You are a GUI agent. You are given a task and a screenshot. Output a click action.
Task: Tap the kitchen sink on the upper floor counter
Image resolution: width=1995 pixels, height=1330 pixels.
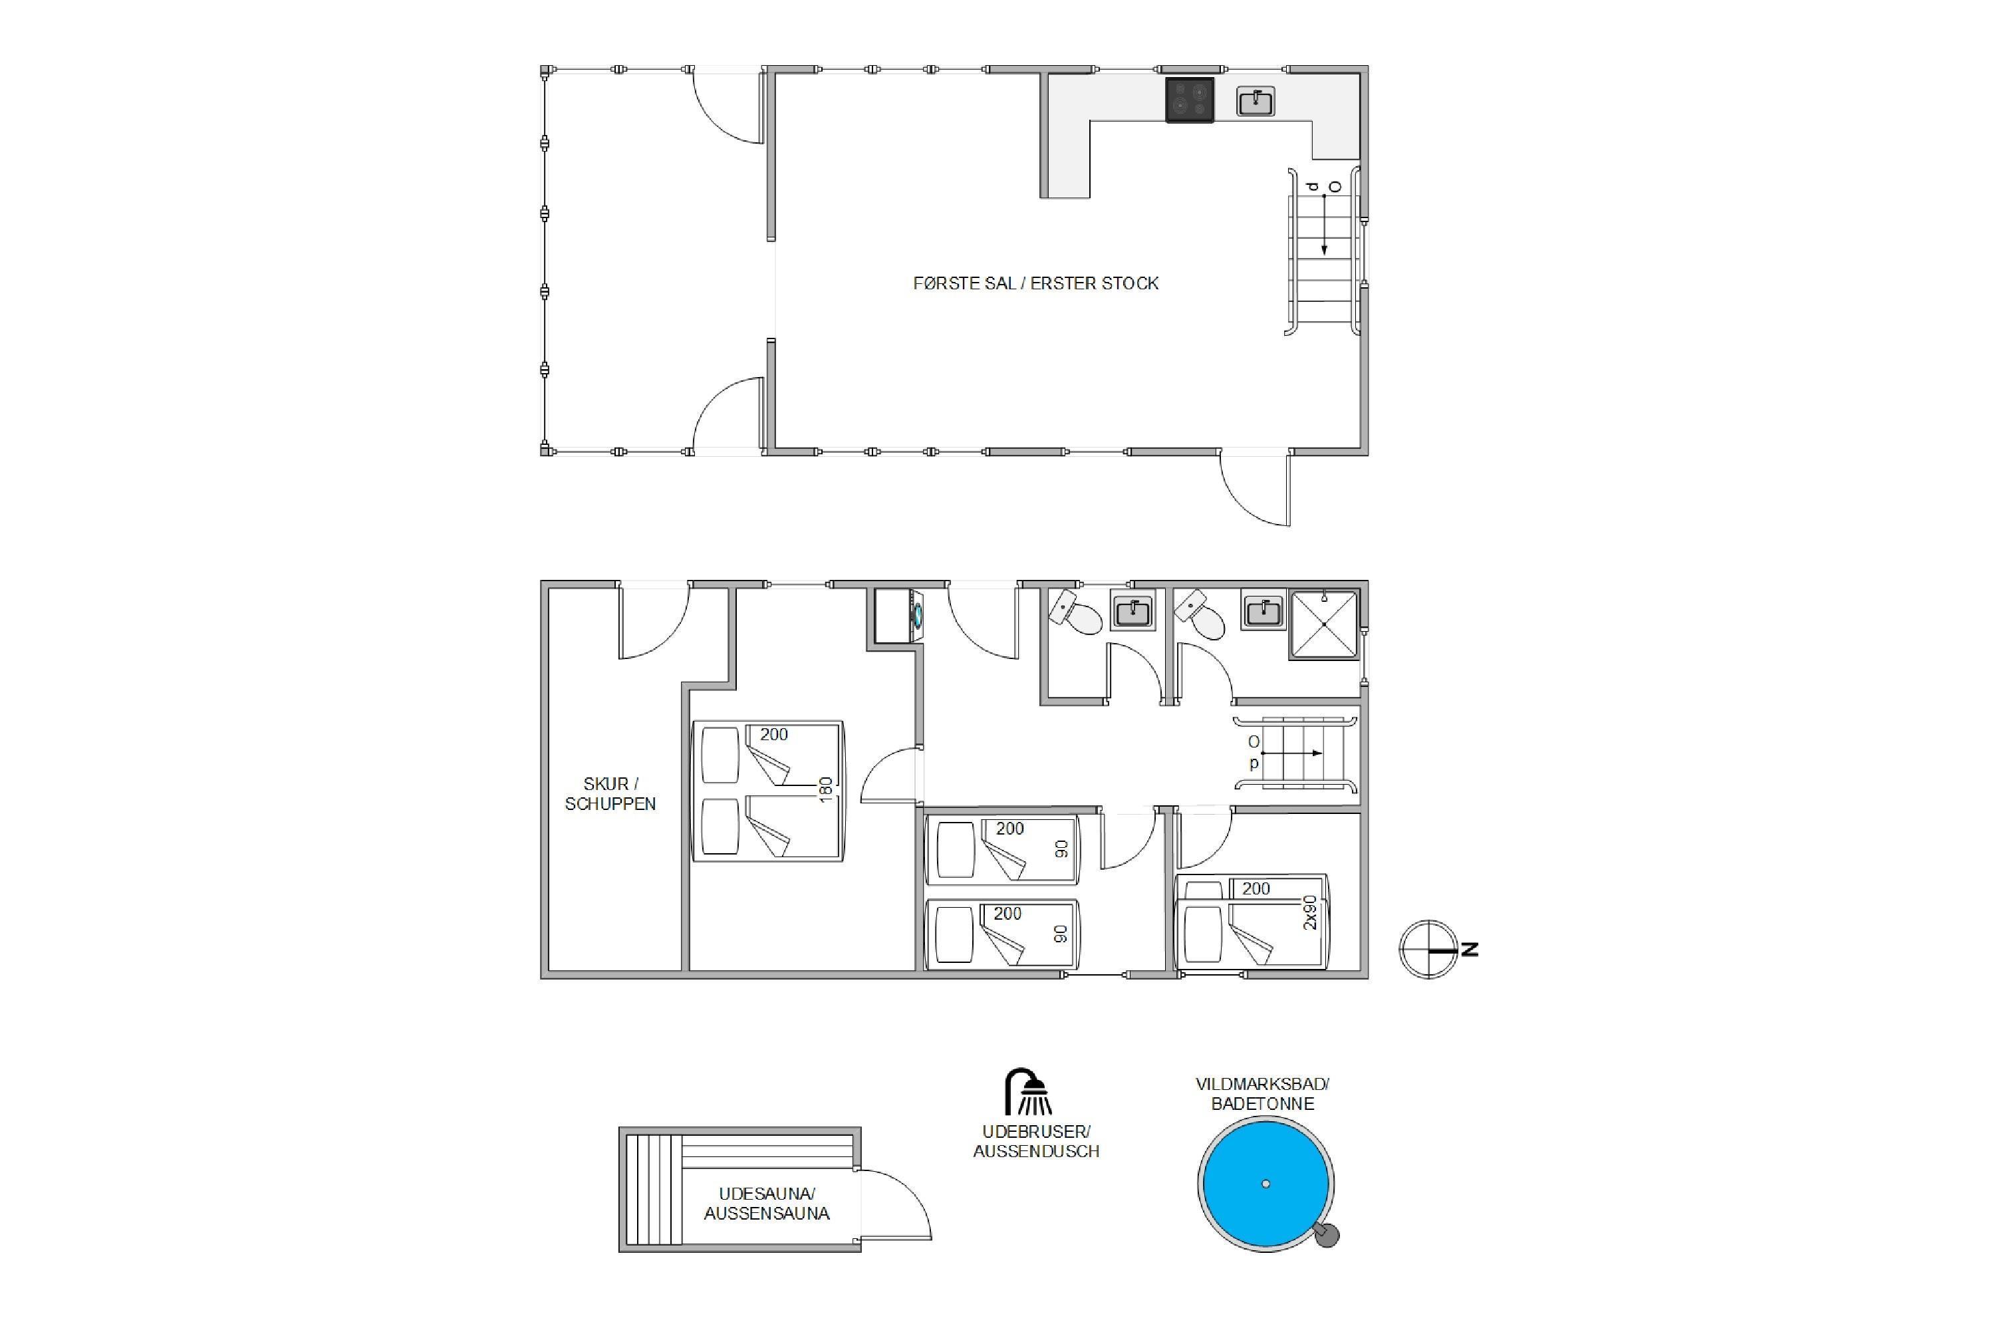[x=1256, y=102]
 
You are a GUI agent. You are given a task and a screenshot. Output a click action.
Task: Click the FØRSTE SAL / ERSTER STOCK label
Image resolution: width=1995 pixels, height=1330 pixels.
[x=1035, y=283]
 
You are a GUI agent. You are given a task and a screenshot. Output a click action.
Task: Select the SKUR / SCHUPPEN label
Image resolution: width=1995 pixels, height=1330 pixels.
[x=610, y=794]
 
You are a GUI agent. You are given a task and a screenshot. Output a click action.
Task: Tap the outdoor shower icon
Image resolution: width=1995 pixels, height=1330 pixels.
[x=1028, y=1092]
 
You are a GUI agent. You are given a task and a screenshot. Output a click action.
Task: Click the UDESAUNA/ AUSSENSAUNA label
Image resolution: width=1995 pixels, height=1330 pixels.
[x=767, y=1204]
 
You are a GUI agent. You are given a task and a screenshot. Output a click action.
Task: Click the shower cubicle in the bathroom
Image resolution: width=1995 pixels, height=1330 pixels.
[x=1324, y=624]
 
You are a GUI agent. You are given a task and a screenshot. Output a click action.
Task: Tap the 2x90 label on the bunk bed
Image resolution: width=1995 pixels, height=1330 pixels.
[x=1311, y=912]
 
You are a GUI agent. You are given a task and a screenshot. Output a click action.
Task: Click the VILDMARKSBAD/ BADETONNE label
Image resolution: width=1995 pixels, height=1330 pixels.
[x=1262, y=1094]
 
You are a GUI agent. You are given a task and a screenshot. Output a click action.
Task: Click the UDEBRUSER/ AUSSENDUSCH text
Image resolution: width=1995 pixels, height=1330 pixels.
[x=1035, y=1142]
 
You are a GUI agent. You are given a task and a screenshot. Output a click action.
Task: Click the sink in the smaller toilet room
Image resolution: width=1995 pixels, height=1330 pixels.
[x=1132, y=610]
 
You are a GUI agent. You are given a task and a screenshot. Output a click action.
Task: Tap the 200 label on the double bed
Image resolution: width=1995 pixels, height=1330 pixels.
[x=773, y=735]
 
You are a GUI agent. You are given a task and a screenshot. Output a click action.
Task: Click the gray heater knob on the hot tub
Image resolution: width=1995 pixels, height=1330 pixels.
[x=1327, y=1236]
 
